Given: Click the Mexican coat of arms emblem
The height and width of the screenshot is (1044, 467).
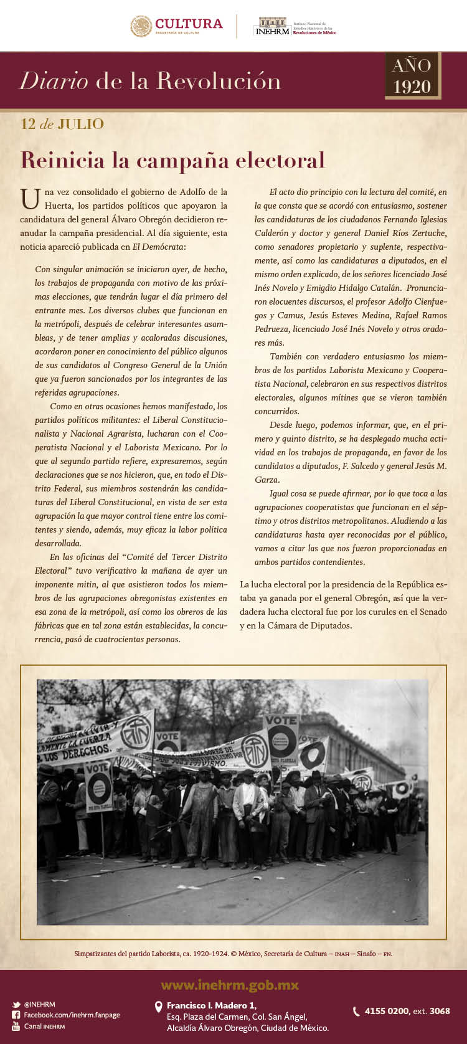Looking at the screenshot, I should pos(141,26).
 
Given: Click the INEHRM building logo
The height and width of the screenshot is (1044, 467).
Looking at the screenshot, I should pos(271,26).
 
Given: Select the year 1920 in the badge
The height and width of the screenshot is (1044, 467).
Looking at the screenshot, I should pos(412,86).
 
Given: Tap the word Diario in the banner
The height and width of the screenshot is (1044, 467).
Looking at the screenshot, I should pos(54,81).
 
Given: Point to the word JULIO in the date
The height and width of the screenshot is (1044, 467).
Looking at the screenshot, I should pos(80,124).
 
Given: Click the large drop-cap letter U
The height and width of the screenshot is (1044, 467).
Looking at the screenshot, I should pos(30,199).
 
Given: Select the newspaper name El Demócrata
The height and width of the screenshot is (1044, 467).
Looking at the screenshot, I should pos(159,247).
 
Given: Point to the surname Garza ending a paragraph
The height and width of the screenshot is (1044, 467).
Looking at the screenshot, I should pos(267,480).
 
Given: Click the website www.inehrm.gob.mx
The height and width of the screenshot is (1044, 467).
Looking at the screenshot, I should pos(230,985).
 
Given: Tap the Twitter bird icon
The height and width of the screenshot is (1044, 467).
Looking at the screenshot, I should pos(16,1005).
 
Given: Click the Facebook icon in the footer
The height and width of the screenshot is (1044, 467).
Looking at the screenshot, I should pos(16,1015).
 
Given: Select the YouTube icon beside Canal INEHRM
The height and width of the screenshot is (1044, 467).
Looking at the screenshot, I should pos(16,1026).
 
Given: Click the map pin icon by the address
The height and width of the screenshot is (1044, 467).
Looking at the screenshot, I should pos(159,1007).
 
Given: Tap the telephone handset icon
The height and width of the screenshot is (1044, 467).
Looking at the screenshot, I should pos(356,1012).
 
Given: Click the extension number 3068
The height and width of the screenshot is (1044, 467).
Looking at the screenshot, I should pos(440,1011).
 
